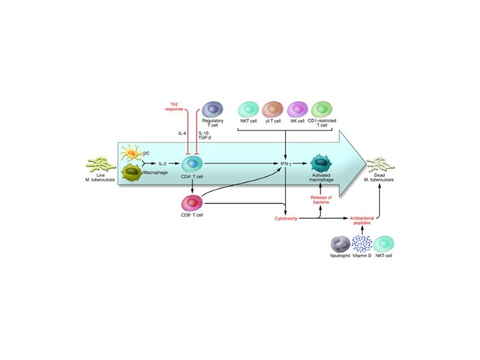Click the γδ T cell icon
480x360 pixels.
click(274, 110)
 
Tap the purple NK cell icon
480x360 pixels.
click(298, 110)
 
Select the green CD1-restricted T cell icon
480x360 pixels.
click(323, 110)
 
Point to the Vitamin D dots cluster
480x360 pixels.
click(362, 244)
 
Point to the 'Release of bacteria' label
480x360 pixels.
click(321, 199)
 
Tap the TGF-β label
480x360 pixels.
click(205, 137)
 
